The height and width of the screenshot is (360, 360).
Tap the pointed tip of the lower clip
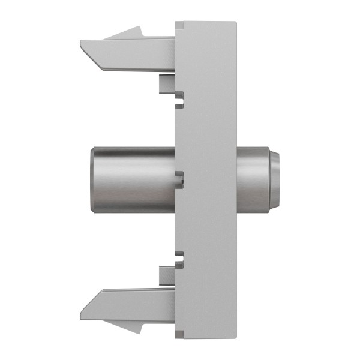tap(82, 317)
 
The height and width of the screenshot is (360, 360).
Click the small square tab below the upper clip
tap(166, 83)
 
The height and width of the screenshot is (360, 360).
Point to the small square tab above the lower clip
tap(166, 276)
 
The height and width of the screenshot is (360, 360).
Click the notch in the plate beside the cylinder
tap(178, 177)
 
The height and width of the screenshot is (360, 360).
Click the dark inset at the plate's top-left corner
tap(178, 25)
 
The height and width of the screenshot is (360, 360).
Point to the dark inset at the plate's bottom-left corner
tap(178, 334)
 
